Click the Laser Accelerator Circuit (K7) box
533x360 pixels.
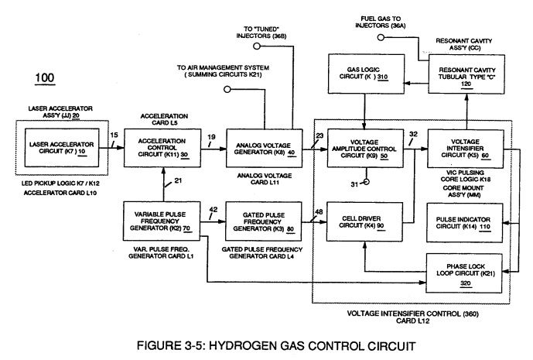62,148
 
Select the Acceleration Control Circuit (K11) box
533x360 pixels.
162,148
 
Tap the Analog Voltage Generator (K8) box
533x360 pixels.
264,149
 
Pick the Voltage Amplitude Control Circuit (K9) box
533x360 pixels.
365,149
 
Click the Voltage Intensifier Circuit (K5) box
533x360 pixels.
466,149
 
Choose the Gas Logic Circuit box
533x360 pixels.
366,74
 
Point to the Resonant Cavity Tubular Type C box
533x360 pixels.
466,74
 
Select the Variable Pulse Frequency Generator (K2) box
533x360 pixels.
162,221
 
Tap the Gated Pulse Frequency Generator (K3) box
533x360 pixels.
264,221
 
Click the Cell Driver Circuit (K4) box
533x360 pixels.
364,222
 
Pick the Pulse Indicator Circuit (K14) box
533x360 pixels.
465,223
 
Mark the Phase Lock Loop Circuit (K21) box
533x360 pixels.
464,273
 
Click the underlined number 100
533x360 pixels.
45,78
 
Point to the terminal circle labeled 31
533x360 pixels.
366,182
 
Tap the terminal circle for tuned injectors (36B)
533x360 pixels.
257,46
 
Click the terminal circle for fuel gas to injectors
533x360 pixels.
381,37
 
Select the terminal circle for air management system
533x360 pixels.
227,90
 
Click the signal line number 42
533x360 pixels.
214,210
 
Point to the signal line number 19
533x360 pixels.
211,137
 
